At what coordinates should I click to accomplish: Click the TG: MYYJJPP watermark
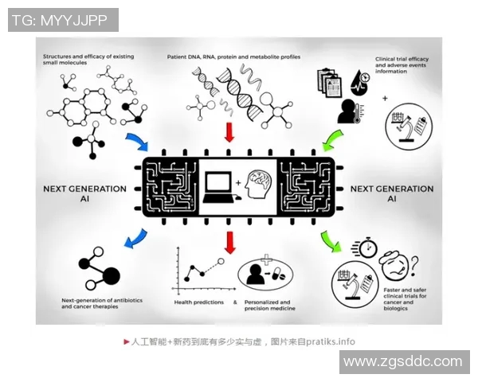[x=63, y=20]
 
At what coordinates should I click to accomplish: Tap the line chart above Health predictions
[x=199, y=271]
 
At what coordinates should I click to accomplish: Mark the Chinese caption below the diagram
[x=239, y=341]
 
